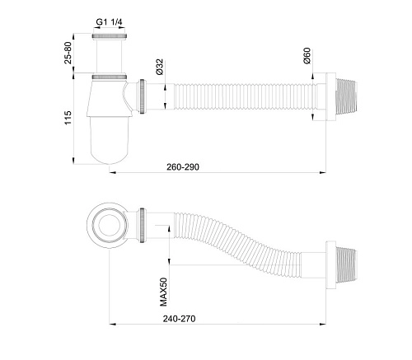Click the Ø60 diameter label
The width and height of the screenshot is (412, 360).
point(306,58)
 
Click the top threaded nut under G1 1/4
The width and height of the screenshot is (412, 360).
point(110,38)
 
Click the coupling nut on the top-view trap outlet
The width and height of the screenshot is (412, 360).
point(146,224)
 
